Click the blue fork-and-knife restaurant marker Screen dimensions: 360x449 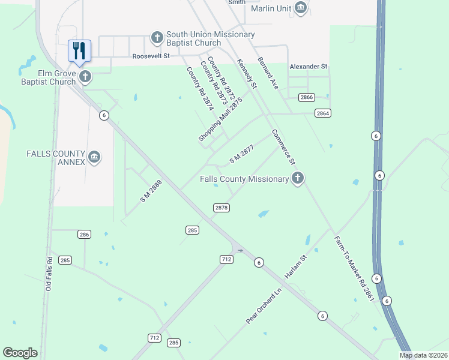(x=79, y=51)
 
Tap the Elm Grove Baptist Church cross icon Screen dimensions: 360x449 (x=85, y=76)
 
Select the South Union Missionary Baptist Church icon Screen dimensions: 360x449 (x=157, y=38)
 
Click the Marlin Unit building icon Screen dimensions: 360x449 (x=301, y=8)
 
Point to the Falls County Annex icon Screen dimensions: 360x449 (x=94, y=157)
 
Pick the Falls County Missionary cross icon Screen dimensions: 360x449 (x=297, y=178)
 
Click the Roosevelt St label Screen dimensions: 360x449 (x=151, y=56)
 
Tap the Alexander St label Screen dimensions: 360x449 (x=309, y=67)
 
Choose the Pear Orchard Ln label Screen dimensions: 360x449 (x=264, y=307)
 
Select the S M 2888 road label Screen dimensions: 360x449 (x=151, y=191)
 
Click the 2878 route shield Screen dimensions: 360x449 (x=221, y=208)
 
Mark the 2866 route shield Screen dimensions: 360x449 (x=307, y=97)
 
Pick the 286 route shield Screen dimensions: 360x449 (x=83, y=234)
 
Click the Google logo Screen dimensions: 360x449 (x=20, y=353)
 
